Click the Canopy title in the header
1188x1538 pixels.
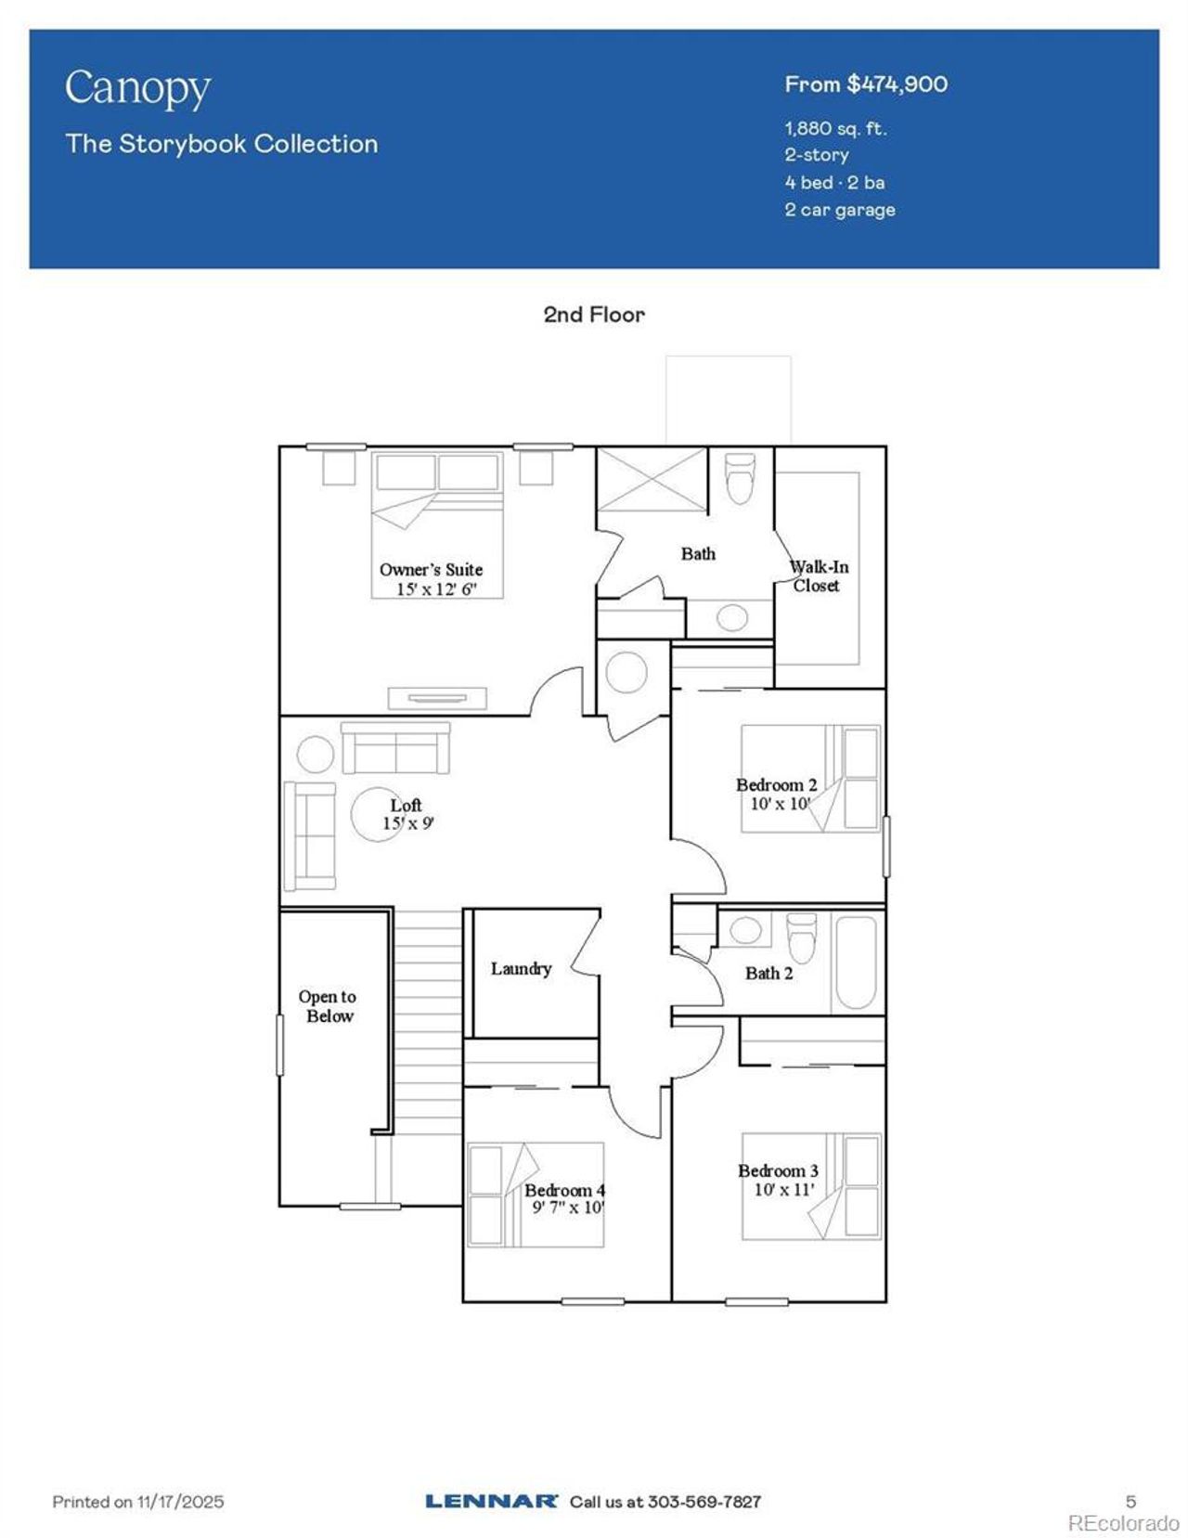tap(137, 89)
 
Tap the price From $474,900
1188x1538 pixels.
tap(865, 84)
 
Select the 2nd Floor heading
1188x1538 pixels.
tap(593, 315)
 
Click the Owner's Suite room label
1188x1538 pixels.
tap(431, 570)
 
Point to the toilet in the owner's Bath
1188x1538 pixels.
tap(740, 478)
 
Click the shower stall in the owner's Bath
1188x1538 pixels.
tap(652, 479)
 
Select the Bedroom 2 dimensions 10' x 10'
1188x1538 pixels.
tap(780, 804)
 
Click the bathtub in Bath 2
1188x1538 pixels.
tap(856, 963)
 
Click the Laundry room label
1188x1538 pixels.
tap(521, 969)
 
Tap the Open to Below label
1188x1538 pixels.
tap(328, 1006)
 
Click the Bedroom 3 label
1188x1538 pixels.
tap(778, 1171)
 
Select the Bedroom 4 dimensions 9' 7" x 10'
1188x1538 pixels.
tap(567, 1208)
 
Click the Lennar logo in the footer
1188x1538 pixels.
tap(491, 1501)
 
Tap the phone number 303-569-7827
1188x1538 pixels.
tap(704, 1501)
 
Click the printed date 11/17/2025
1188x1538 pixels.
tap(181, 1501)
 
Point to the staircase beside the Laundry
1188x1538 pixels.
tap(428, 1021)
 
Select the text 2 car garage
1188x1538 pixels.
tap(839, 210)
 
